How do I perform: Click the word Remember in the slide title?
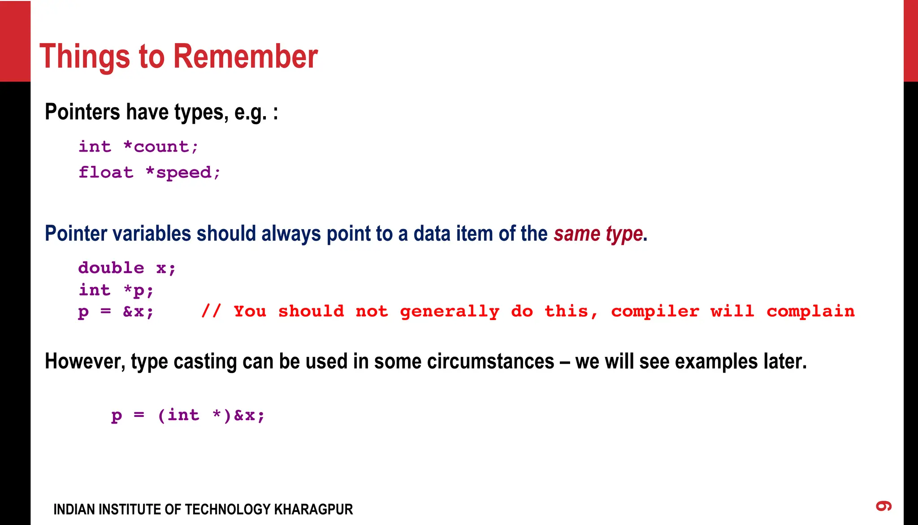245,56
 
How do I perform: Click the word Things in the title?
85,57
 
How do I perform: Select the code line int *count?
139,147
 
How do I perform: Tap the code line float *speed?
150,173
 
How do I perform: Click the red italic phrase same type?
598,234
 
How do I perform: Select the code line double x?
127,268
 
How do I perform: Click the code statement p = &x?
116,312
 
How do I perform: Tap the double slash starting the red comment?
211,311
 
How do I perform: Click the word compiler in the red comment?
655,312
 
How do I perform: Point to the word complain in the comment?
810,312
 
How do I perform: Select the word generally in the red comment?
450,312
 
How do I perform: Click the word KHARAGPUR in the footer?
313,509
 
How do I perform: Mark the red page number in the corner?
884,506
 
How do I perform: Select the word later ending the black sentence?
785,361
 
